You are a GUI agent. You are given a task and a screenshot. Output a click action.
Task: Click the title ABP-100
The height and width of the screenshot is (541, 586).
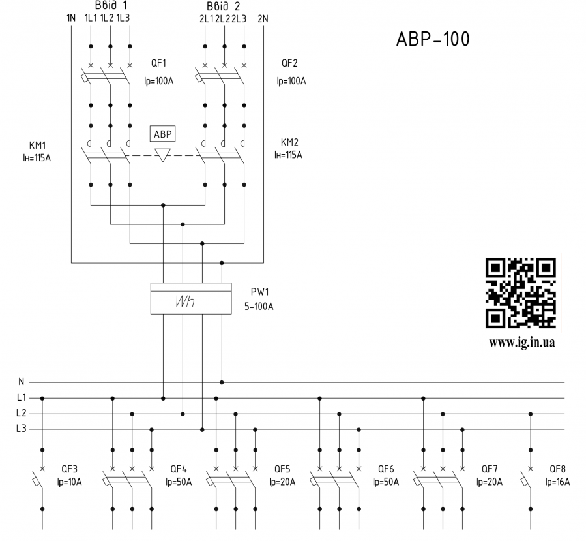click(x=432, y=39)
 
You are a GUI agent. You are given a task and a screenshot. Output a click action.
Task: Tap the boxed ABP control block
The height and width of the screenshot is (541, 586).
click(x=162, y=134)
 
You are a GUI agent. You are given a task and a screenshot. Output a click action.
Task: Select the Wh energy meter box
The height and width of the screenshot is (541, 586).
click(x=191, y=298)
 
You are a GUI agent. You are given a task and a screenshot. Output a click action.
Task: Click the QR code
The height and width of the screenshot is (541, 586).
click(x=521, y=293)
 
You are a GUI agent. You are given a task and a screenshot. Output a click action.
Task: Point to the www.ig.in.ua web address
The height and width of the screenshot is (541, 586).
click(x=521, y=343)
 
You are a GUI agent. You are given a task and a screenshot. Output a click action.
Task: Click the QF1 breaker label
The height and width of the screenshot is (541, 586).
click(x=158, y=63)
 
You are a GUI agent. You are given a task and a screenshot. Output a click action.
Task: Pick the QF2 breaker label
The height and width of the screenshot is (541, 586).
click(x=289, y=63)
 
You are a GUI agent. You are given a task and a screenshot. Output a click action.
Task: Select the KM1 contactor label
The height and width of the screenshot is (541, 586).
click(x=37, y=145)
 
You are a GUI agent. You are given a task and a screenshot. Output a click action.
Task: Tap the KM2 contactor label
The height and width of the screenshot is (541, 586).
click(x=289, y=142)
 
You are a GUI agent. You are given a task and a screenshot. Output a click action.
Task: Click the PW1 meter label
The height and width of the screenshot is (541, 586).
click(x=259, y=292)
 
